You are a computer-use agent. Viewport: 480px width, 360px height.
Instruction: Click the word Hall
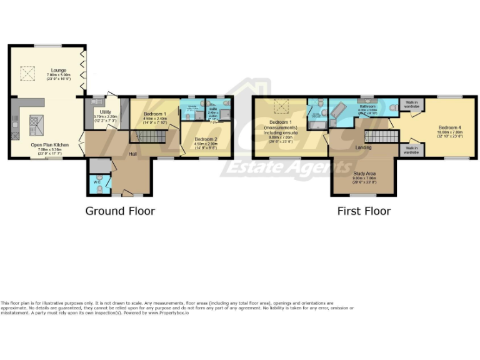(133, 154)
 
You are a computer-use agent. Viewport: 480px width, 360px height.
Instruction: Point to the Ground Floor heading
(120, 211)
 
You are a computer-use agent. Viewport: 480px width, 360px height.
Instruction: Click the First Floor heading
(364, 211)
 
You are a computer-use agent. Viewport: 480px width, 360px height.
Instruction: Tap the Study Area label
(364, 174)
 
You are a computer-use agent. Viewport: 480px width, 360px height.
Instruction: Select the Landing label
(363, 147)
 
